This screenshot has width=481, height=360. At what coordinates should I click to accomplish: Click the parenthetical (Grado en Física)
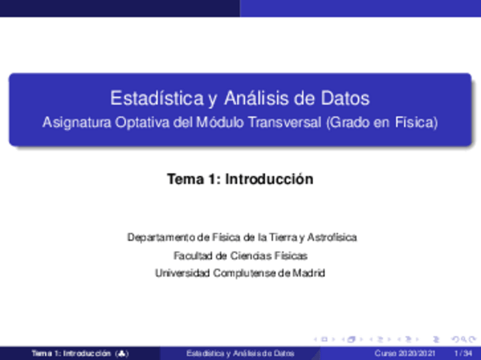tap(381, 122)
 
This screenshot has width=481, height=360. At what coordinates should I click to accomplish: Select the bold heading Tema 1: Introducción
tap(240, 179)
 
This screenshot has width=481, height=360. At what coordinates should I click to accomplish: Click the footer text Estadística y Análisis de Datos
tap(241, 354)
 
